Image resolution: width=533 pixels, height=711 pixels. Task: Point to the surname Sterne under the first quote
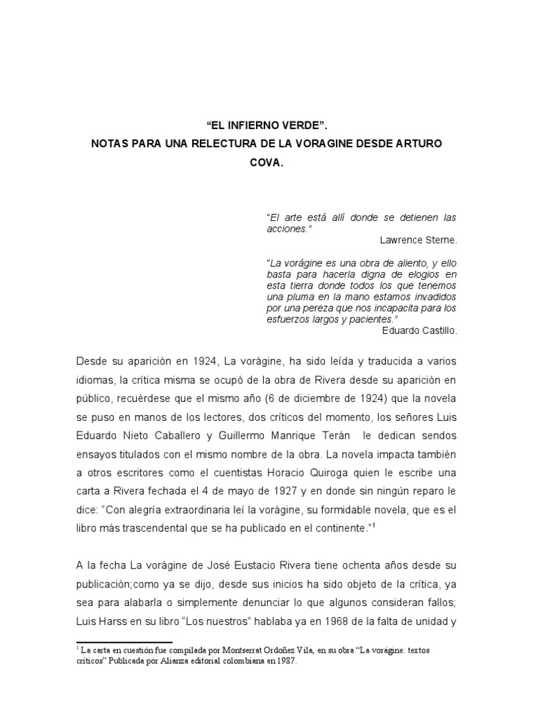441,240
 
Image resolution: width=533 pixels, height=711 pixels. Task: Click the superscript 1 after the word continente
373,525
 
